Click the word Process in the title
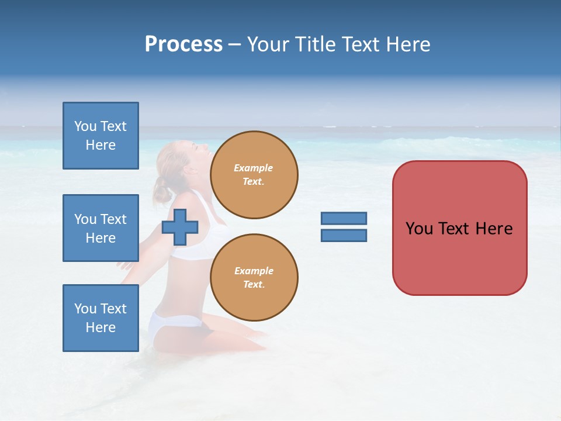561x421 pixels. (183, 44)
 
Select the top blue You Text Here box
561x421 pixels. (101, 136)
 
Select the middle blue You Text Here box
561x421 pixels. (101, 228)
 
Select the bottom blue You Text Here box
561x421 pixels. (101, 318)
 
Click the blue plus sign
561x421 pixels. (179, 227)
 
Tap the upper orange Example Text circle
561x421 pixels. (254, 174)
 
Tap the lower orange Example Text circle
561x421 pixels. (254, 277)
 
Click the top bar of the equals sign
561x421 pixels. (344, 218)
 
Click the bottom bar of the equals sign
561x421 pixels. (344, 236)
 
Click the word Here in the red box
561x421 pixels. (494, 229)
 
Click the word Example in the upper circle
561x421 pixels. (254, 168)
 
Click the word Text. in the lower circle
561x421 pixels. (254, 284)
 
